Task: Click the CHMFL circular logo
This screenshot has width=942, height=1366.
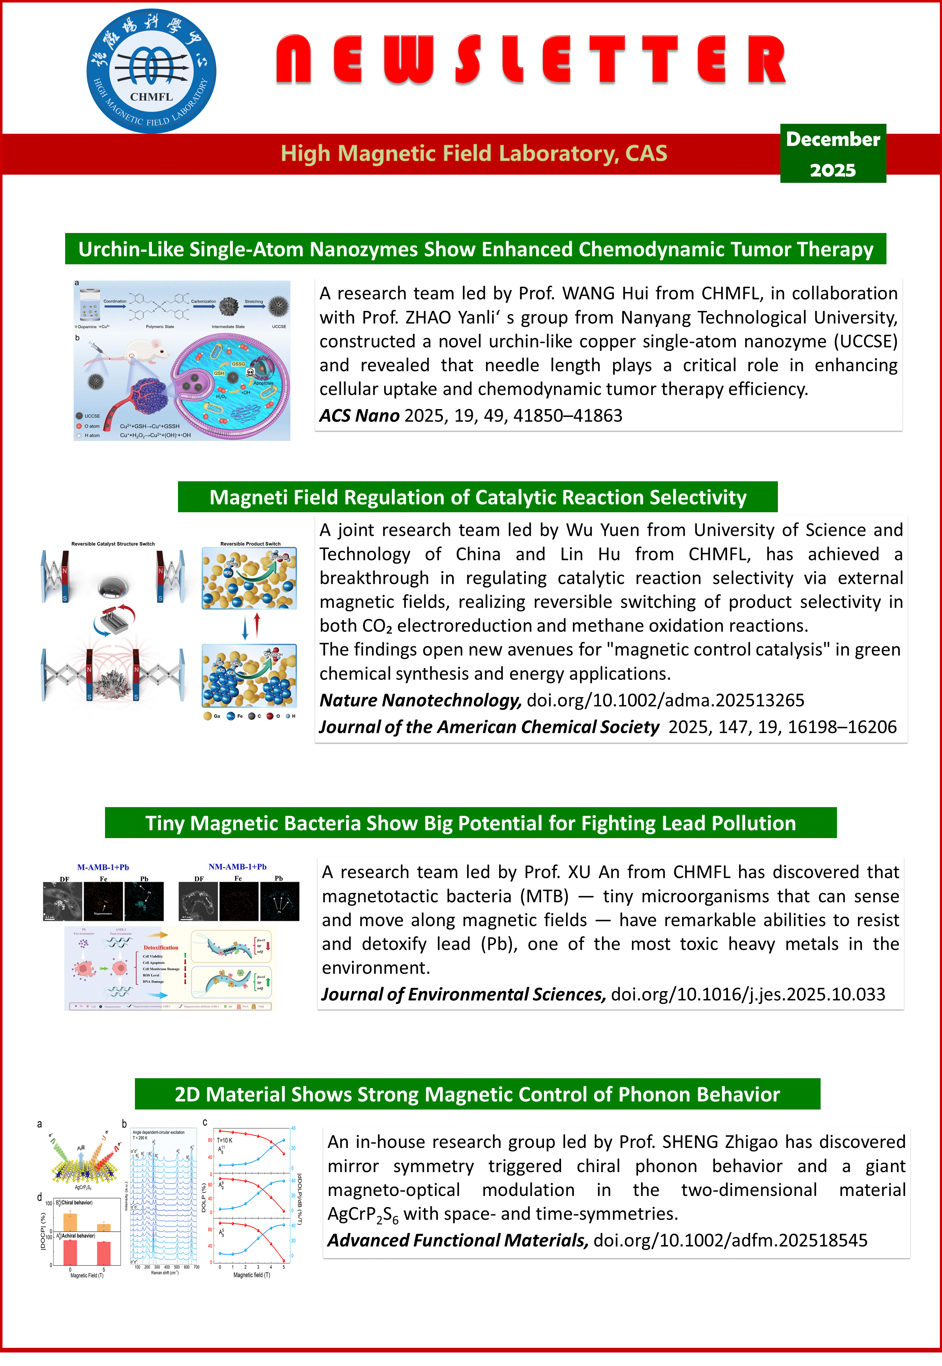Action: click(151, 71)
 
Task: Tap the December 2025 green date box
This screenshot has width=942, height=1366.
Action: click(832, 153)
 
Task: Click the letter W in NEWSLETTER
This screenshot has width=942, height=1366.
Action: click(408, 59)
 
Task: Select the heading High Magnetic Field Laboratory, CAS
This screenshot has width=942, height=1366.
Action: click(474, 153)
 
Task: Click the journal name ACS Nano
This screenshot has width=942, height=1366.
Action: click(360, 416)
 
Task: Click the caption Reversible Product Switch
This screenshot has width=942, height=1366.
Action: click(250, 544)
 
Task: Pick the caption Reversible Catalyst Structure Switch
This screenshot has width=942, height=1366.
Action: click(113, 544)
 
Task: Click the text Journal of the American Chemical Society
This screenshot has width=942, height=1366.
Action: click(489, 727)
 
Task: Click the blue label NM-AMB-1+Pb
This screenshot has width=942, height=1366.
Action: click(237, 867)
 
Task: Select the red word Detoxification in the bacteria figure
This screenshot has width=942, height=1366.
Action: click(161, 948)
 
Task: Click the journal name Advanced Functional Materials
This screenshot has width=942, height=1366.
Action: click(457, 1240)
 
